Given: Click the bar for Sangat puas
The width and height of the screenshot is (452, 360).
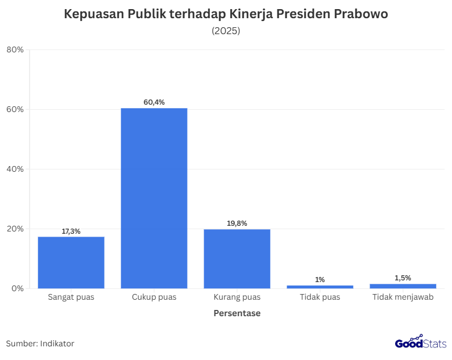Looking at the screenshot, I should tap(71, 262).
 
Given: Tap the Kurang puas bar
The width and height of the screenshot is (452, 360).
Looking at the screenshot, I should tap(237, 259).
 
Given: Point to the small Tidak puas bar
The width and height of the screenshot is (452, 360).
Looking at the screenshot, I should tap(320, 287).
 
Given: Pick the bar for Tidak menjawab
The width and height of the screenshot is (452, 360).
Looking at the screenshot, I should tap(403, 286).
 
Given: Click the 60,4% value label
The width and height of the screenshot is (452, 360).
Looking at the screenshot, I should tap(154, 102).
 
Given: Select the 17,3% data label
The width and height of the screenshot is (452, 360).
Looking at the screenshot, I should tap(71, 231).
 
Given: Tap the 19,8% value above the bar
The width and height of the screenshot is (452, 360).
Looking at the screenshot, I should tap(237, 224).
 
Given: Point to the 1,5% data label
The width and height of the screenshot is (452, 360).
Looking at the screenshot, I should tap(403, 278).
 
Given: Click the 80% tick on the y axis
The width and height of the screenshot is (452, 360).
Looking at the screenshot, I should tap(15, 49).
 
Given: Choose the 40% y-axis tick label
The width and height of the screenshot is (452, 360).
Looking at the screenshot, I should tap(15, 169).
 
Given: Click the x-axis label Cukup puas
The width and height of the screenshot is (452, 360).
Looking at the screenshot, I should tap(154, 297).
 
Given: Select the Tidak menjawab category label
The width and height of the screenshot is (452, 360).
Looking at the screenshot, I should tap(403, 297).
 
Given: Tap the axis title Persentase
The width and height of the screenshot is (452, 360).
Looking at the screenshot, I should tap(237, 313).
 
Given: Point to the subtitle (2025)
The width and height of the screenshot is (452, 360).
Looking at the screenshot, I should tap(226, 31).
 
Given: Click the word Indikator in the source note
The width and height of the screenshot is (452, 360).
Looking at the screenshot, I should tap(57, 344).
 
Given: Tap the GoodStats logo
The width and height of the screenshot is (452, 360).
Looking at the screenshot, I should tap(421, 342).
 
